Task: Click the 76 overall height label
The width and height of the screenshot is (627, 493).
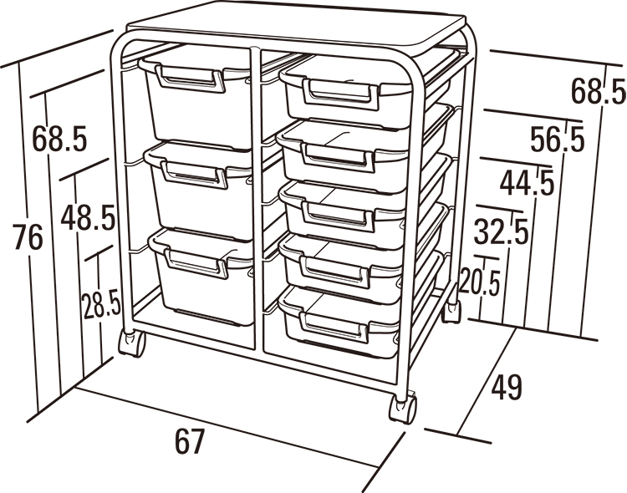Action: pyautogui.click(x=28, y=237)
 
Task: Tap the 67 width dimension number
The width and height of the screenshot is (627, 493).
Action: pyautogui.click(x=190, y=441)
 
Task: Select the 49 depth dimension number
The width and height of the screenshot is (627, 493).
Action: pyautogui.click(x=507, y=387)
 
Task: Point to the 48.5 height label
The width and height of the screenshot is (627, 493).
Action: pyautogui.click(x=88, y=217)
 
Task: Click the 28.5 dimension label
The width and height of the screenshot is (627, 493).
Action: pyautogui.click(x=101, y=304)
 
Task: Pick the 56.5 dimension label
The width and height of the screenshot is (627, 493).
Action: pyautogui.click(x=558, y=140)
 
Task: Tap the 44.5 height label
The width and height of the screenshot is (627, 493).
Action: pyautogui.click(x=528, y=183)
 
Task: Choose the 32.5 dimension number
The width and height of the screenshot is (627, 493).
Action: pyautogui.click(x=502, y=231)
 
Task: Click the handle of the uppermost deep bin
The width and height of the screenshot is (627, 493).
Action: pyautogui.click(x=191, y=79)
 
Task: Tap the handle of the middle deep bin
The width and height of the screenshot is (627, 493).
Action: pyautogui.click(x=194, y=175)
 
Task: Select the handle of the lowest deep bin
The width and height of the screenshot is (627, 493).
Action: pyautogui.click(x=196, y=263)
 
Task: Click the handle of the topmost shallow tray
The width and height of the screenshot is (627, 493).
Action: pyautogui.click(x=340, y=94)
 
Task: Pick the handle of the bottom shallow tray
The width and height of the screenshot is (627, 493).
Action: pyautogui.click(x=334, y=327)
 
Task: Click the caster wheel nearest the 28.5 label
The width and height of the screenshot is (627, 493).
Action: pyautogui.click(x=132, y=343)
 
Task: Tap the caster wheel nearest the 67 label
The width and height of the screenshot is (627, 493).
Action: pyautogui.click(x=403, y=409)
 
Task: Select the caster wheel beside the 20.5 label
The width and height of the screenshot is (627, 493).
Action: pyautogui.click(x=451, y=311)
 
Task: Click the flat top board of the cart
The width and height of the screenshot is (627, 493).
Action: pyautogui.click(x=296, y=28)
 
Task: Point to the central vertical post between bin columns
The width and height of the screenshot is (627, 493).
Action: pyautogui.click(x=257, y=200)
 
